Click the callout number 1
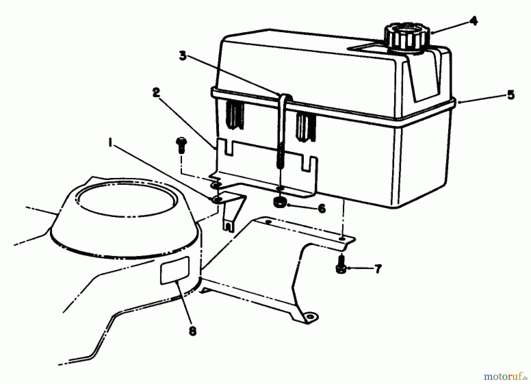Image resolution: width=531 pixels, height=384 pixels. [x=111, y=144]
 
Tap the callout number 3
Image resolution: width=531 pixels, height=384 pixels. [x=183, y=55]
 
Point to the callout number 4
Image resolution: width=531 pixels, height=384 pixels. [x=473, y=21]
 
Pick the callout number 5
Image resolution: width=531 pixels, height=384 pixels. [x=511, y=95]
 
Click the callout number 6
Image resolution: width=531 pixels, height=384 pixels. [x=322, y=208]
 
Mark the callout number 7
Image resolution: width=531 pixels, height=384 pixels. [x=378, y=269]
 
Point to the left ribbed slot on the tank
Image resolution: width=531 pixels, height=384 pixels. [x=235, y=115]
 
